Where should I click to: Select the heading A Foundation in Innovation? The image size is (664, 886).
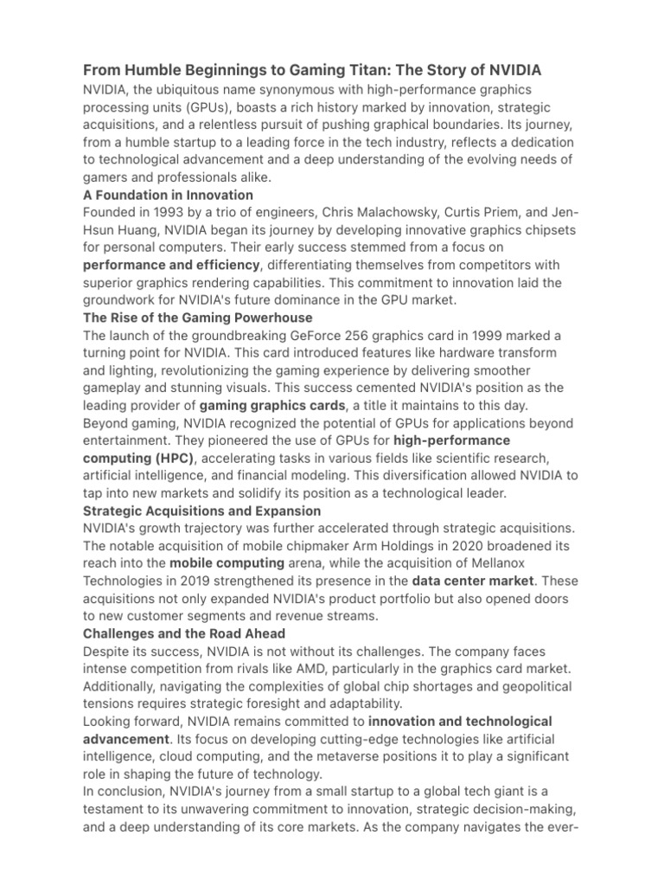168,195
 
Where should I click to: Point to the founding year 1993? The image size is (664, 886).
171,213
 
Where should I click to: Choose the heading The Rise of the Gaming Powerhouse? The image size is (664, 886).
197,318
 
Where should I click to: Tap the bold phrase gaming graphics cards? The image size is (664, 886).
272,405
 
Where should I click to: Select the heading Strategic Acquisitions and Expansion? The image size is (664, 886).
201,510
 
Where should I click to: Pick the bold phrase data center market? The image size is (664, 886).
473,581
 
